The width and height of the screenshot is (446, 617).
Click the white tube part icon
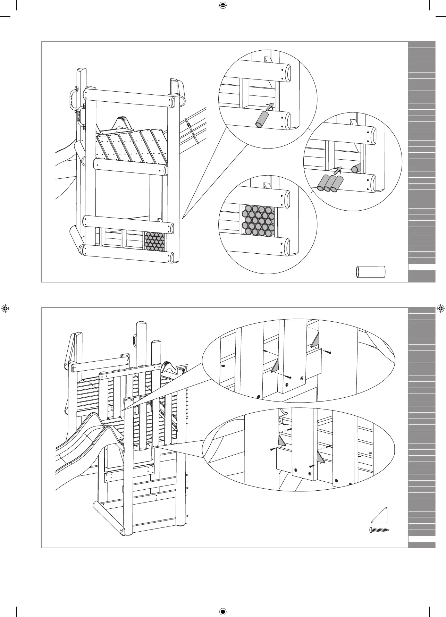(x=371, y=272)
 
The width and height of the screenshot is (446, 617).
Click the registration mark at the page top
(x=223, y=5)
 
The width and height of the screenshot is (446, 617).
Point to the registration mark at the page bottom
(x=223, y=611)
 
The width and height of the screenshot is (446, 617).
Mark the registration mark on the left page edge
(x=5, y=308)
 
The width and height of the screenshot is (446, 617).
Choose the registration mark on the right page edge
(x=440, y=308)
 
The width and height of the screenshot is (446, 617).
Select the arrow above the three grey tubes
(x=337, y=170)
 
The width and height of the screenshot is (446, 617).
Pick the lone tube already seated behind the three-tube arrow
(x=355, y=169)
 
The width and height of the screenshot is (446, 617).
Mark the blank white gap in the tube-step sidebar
(x=422, y=267)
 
